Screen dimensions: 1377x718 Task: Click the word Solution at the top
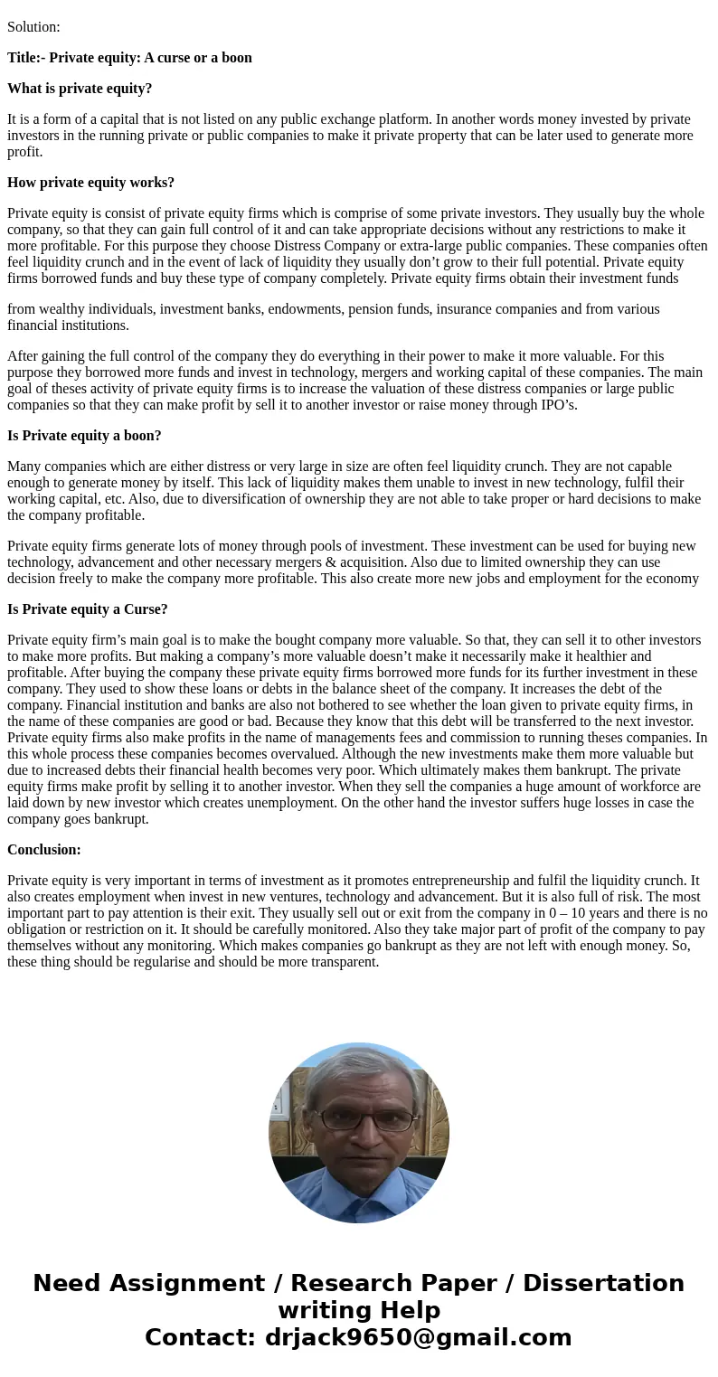pos(33,27)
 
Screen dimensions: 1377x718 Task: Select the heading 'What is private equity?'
pos(80,89)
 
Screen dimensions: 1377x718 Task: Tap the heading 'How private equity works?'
pos(90,183)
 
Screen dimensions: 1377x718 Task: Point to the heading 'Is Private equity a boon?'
pos(84,436)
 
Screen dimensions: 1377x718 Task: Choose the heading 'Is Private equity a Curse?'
pos(87,609)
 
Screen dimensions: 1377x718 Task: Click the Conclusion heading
pos(44,850)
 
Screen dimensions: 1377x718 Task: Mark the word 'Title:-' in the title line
pos(26,58)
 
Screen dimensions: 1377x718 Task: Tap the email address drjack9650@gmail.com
pos(418,1338)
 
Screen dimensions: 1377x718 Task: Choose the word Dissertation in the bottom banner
pos(603,1284)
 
